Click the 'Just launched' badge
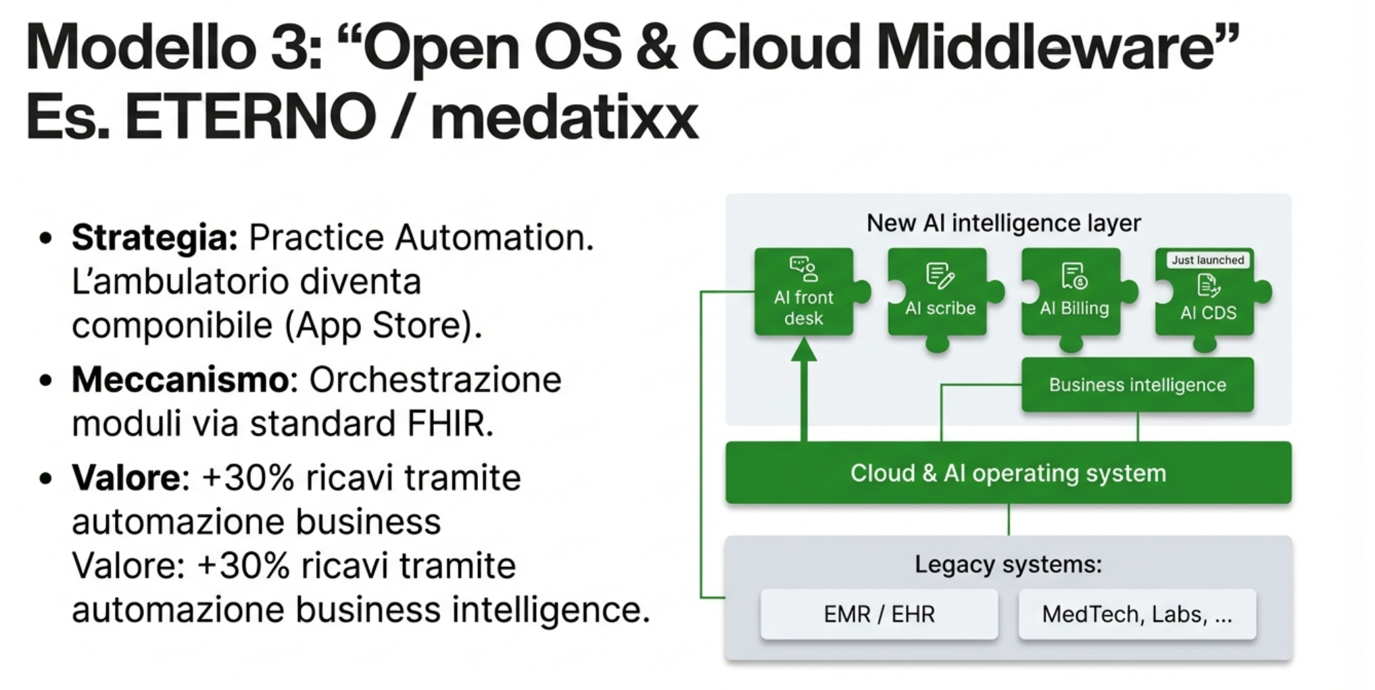pos(1207,260)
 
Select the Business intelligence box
pos(1137,385)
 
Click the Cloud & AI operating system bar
pos(1008,473)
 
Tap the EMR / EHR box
pos(879,614)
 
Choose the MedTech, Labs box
pos(1137,614)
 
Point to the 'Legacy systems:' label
pos(1008,564)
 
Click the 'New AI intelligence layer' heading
pos(1003,223)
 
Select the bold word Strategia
pos(155,238)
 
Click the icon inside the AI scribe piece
pos(940,275)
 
